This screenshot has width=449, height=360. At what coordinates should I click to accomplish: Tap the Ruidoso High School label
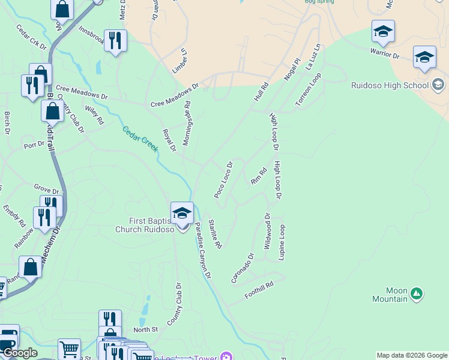pos(390,85)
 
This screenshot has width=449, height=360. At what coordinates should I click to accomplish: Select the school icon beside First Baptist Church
pos(182,212)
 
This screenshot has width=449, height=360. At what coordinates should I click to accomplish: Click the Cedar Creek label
pos(140,139)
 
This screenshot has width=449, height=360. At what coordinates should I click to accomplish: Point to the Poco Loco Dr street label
pos(223,179)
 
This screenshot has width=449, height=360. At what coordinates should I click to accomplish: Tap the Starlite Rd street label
pos(215,234)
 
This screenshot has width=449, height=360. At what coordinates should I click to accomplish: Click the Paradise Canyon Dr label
pos(203,250)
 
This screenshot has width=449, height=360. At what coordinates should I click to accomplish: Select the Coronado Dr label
pos(243,268)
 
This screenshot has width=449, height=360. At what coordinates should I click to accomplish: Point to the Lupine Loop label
pos(282,242)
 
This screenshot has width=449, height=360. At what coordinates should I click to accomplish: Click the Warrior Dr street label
pos(385,55)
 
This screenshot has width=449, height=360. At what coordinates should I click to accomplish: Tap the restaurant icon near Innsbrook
pos(115,41)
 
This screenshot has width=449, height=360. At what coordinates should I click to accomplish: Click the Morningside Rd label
pos(187,117)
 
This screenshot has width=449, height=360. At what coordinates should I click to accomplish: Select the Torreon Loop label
pos(309,90)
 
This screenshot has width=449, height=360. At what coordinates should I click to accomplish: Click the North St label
pos(145,329)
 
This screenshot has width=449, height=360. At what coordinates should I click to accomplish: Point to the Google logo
pos(20,353)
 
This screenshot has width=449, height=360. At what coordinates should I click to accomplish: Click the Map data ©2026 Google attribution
pos(412,355)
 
